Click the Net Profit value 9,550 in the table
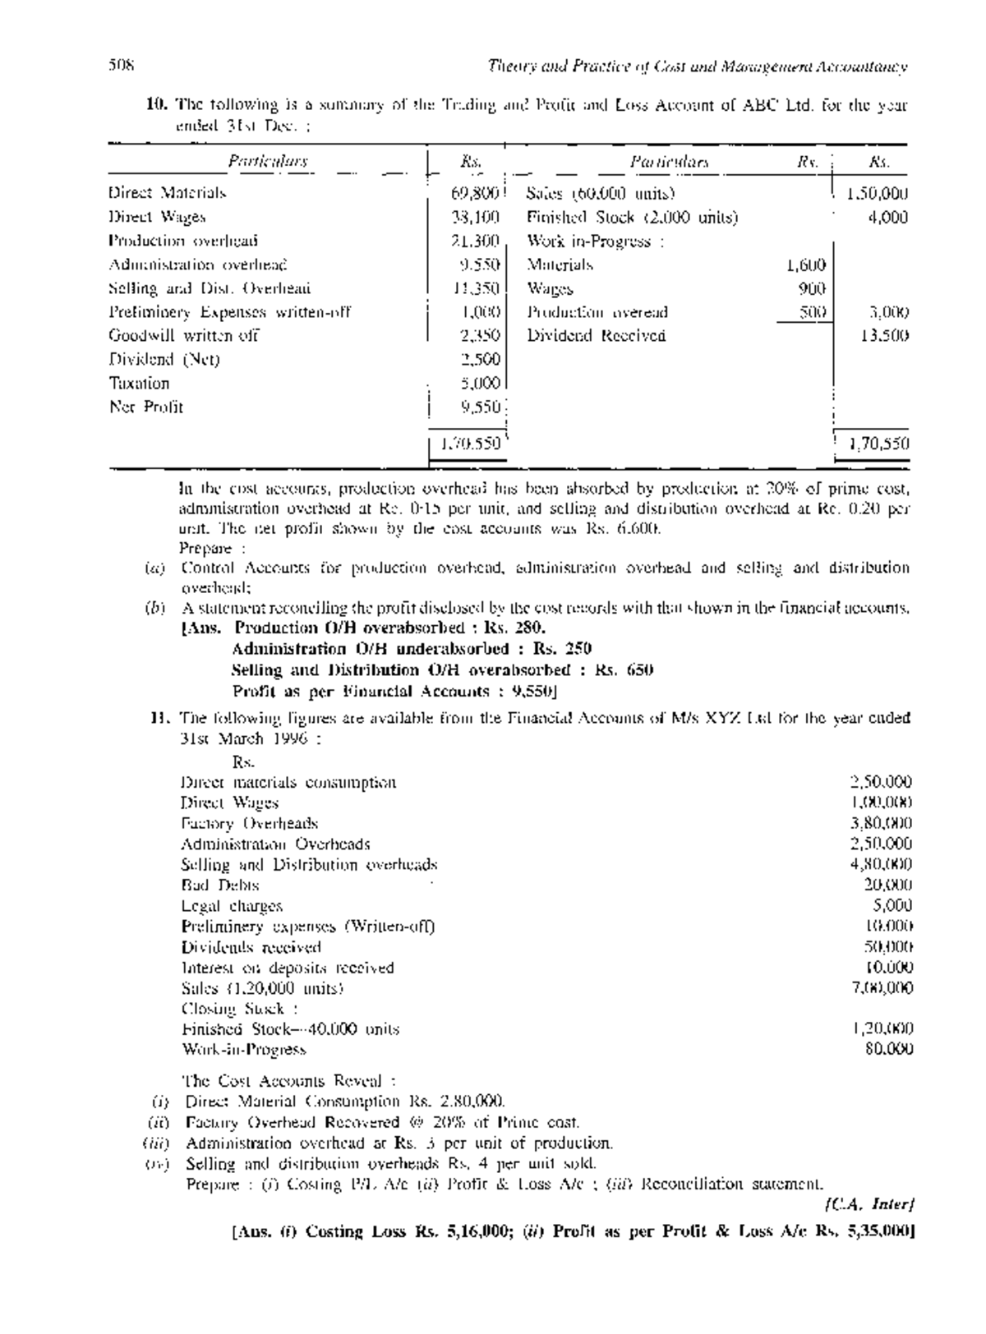click(481, 407)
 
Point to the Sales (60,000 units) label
click(600, 194)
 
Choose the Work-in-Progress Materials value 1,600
click(805, 265)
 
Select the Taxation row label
click(140, 383)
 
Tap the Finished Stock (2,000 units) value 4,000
click(890, 218)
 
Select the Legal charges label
click(232, 906)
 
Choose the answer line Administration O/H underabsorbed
click(411, 649)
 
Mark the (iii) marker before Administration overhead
click(155, 1143)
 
